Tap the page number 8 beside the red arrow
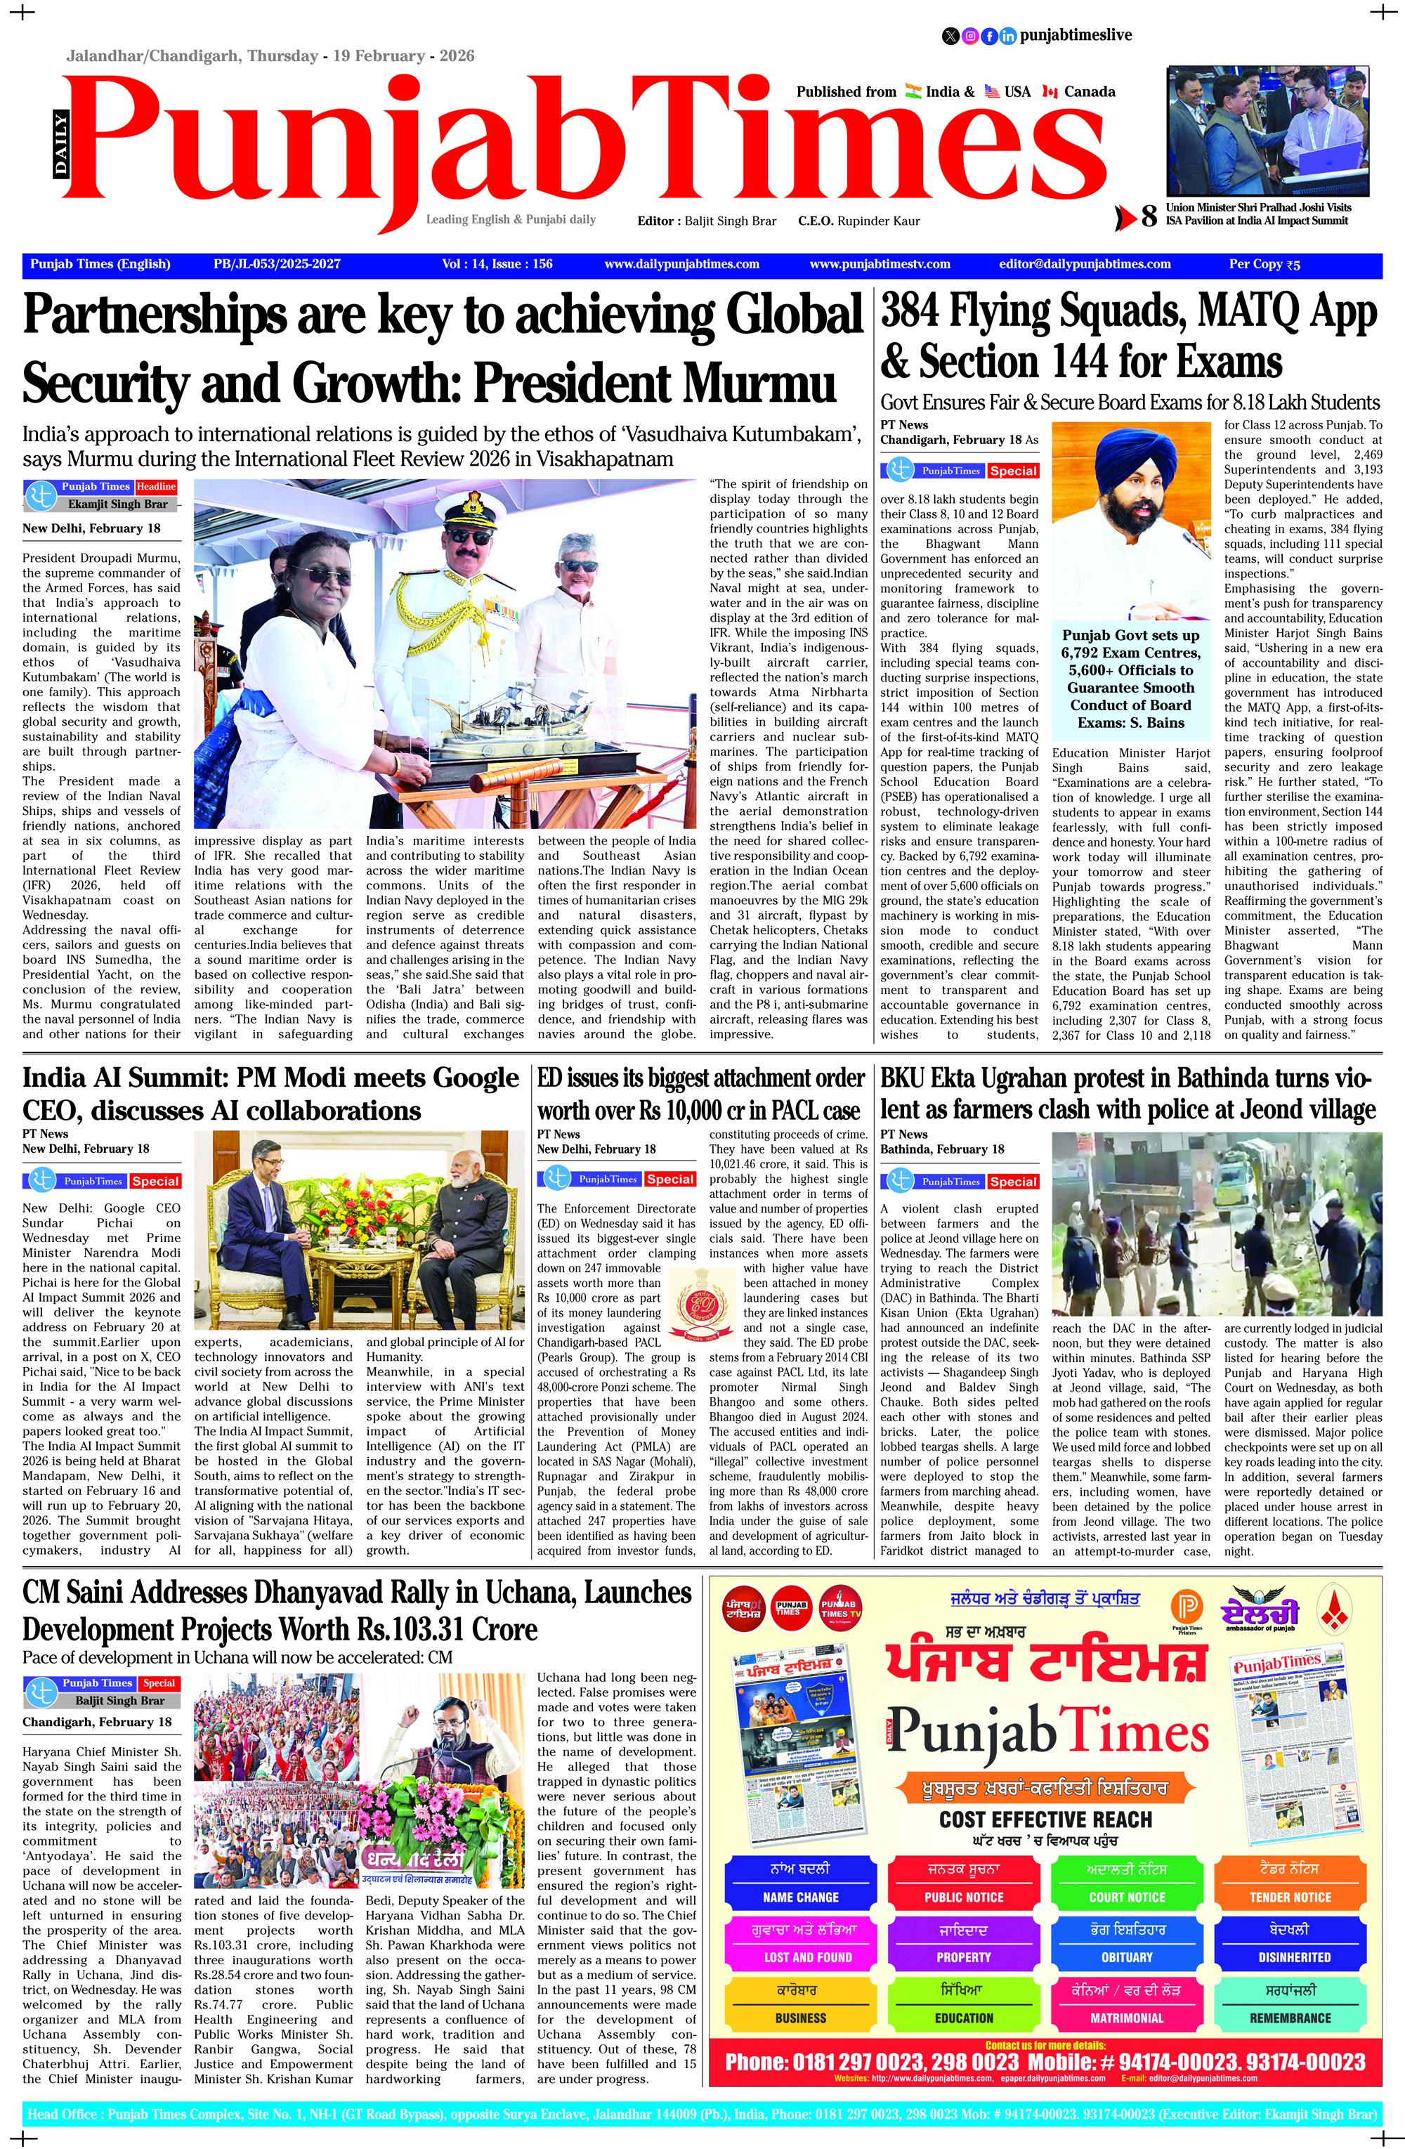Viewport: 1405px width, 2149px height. click(x=1149, y=216)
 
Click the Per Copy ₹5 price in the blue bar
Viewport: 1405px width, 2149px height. click(x=1264, y=265)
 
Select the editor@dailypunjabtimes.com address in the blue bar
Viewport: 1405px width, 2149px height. click(x=1085, y=265)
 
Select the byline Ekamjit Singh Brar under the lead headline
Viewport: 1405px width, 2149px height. click(x=117, y=504)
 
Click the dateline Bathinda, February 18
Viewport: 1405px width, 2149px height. click(x=942, y=1149)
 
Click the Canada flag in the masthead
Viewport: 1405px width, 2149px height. click(x=1050, y=92)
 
